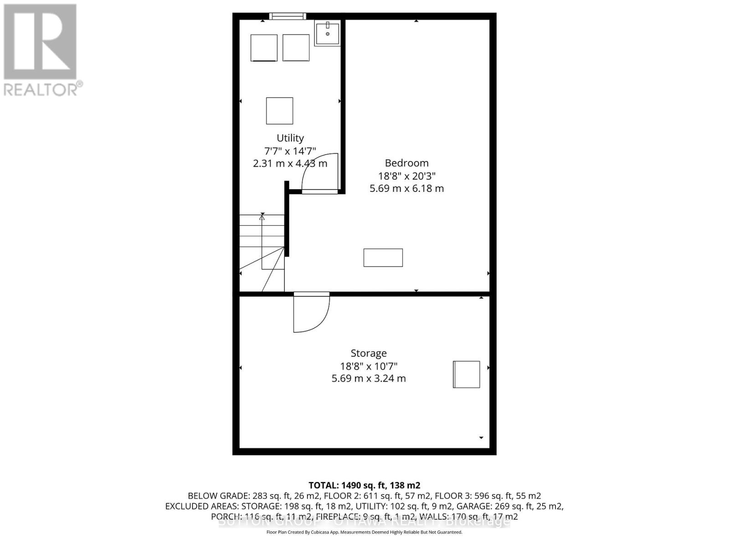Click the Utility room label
[x=290, y=138]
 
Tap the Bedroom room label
[x=406, y=163]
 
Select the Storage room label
[x=369, y=353]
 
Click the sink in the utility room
[x=327, y=34]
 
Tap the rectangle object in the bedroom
[x=383, y=258]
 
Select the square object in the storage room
[x=467, y=374]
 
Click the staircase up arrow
[x=262, y=218]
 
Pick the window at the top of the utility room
[x=287, y=16]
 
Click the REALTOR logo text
[x=43, y=89]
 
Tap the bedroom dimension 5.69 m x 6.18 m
[x=406, y=189]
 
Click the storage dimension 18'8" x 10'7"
[x=369, y=366]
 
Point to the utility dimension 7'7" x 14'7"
[x=290, y=151]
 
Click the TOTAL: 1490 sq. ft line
[x=364, y=485]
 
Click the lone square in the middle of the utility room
[x=280, y=111]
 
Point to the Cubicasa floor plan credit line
[x=364, y=532]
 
